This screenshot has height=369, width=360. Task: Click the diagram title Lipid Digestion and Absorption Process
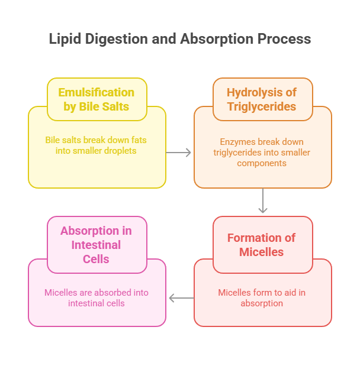point(179,39)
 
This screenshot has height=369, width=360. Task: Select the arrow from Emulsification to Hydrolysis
point(179,153)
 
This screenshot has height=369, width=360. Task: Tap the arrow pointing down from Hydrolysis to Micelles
point(263,201)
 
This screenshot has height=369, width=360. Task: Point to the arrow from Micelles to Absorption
point(181,298)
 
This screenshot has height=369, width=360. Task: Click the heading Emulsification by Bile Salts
point(97,99)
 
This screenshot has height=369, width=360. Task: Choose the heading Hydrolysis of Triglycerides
point(262,99)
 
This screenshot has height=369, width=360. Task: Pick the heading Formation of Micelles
point(262,245)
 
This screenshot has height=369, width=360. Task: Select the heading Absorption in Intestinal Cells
point(97,245)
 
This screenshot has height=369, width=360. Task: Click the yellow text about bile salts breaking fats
point(96,145)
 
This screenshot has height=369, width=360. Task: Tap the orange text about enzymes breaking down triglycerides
point(262,152)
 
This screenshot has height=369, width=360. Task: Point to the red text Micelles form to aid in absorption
point(262,298)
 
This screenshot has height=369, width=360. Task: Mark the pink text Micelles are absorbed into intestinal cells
point(97,298)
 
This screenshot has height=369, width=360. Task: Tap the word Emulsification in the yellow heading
point(97,92)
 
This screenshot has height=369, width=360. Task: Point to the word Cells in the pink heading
point(97,259)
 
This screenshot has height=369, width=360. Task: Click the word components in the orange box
point(262,163)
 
